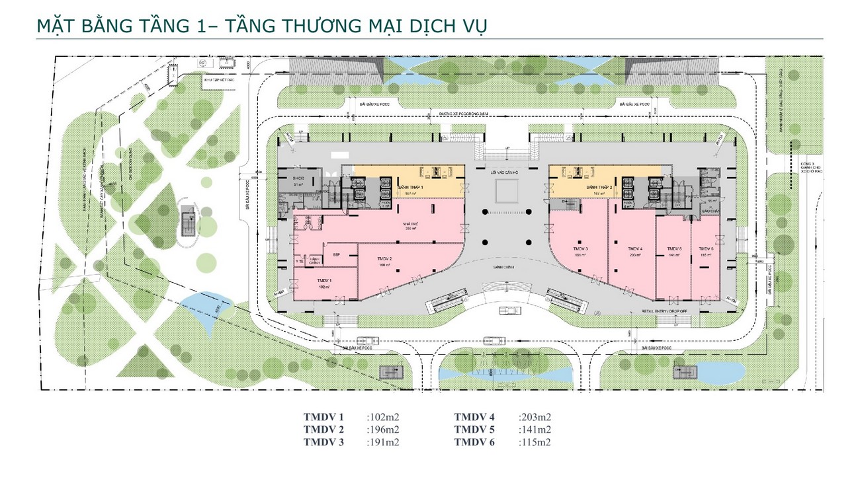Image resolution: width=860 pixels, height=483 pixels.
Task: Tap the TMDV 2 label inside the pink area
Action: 385,258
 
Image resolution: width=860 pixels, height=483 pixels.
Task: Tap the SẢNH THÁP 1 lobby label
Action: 411,188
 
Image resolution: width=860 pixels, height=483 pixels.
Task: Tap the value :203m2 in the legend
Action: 535,417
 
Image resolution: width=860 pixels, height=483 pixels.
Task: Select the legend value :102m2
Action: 384,417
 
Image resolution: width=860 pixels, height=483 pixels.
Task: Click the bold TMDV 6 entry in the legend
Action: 474,442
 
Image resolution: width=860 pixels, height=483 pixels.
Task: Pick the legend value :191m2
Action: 384,442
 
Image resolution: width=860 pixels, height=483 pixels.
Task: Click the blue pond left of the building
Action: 202,305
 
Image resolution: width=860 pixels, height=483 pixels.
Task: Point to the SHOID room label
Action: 290,179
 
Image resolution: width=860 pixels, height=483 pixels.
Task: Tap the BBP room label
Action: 336,254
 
